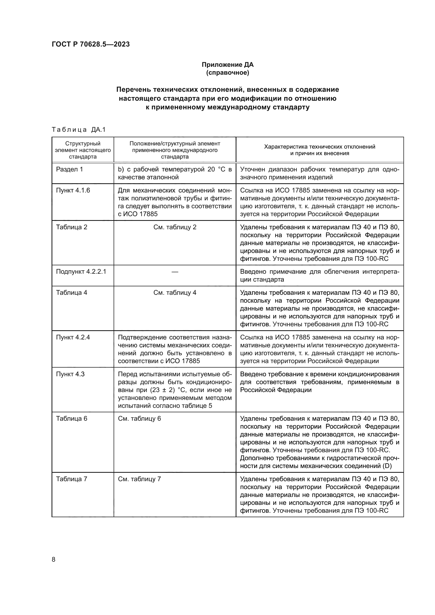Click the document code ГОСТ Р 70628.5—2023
90,44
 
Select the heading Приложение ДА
227,65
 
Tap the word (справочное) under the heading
227,73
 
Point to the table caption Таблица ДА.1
79,130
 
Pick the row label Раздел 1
69,169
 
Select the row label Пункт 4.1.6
73,190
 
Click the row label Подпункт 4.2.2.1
81,272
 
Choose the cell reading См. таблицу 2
175,227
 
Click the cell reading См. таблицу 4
175,292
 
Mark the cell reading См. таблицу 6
139,418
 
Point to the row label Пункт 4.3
70,374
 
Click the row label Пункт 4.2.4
73,337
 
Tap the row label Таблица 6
72,418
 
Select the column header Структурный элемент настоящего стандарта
83,150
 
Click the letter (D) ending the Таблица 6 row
387,466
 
